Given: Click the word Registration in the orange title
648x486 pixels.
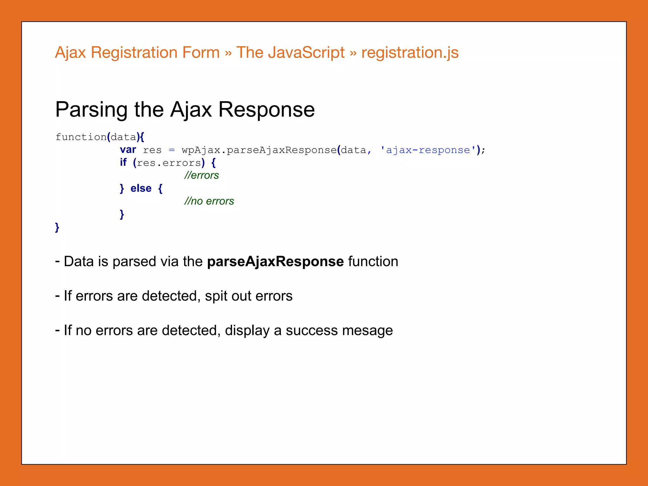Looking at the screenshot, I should [x=155, y=53].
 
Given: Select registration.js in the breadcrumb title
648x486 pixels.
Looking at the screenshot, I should [x=410, y=53].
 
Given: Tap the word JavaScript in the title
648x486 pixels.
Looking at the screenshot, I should [x=306, y=53].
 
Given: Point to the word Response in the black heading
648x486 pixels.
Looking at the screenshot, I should [x=266, y=110].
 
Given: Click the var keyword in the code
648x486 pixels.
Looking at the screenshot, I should [x=128, y=150].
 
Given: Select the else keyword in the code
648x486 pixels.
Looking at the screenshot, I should [x=141, y=188].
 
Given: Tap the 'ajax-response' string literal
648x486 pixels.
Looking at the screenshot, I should [x=428, y=150].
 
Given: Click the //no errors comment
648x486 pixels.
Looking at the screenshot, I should [x=209, y=201].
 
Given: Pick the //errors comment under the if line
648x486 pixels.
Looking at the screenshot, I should [x=202, y=175].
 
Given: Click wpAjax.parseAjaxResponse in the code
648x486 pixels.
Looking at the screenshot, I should [x=259, y=150].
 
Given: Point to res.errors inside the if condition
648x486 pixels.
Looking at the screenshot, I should [x=169, y=163].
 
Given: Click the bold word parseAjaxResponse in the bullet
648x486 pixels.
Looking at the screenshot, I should [x=275, y=262].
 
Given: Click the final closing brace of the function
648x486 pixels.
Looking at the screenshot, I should [x=57, y=227].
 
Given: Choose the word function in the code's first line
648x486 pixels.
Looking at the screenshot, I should [x=81, y=137].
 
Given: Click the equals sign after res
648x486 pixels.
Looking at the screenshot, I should [x=171, y=150].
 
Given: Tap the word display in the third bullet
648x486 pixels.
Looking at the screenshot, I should [x=247, y=331].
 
